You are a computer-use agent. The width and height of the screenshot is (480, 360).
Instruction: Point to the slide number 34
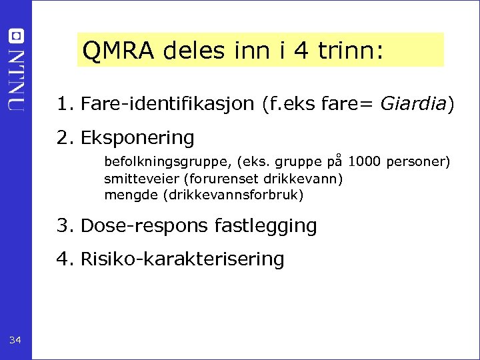click(15, 341)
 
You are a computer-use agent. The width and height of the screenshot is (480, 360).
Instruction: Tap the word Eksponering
click(137, 138)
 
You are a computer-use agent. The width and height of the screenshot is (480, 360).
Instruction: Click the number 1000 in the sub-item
click(364, 161)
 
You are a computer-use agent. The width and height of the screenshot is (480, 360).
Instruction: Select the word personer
click(417, 162)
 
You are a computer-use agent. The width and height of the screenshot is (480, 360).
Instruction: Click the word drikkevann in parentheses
click(307, 179)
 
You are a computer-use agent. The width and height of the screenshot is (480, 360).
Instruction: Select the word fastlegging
click(266, 226)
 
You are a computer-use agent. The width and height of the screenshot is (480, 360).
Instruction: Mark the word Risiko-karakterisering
click(182, 259)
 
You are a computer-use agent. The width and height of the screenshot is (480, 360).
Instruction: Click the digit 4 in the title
click(301, 50)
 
